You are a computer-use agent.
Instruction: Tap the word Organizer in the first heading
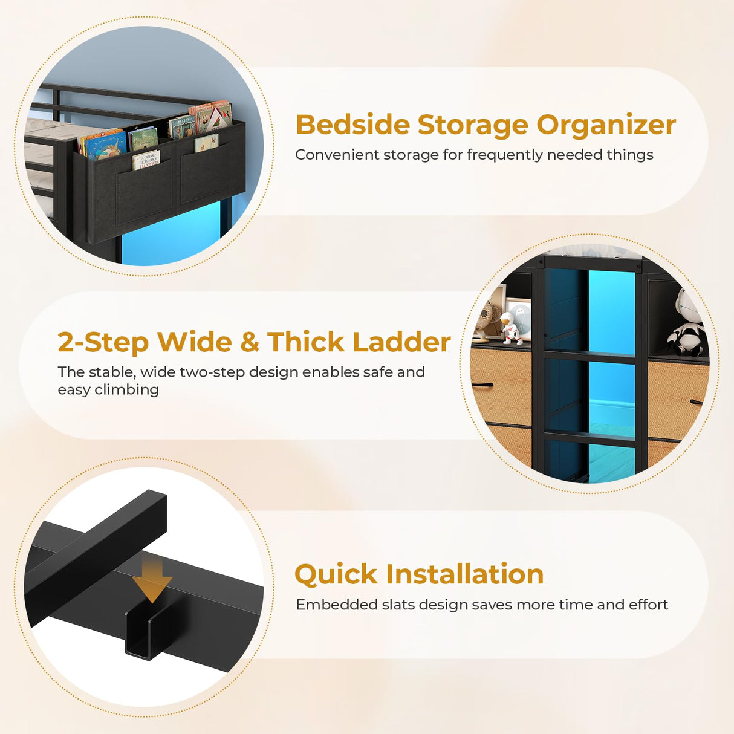click(x=606, y=125)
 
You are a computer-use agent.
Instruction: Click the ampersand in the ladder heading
click(x=250, y=342)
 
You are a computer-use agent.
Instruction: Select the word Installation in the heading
click(x=465, y=574)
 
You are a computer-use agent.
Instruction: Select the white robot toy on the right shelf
click(x=687, y=323)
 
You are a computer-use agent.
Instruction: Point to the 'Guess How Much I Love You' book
click(x=146, y=160)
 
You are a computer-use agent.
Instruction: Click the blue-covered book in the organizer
click(x=104, y=145)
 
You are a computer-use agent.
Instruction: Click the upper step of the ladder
click(x=589, y=356)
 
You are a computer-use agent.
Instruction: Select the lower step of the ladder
click(x=589, y=435)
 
